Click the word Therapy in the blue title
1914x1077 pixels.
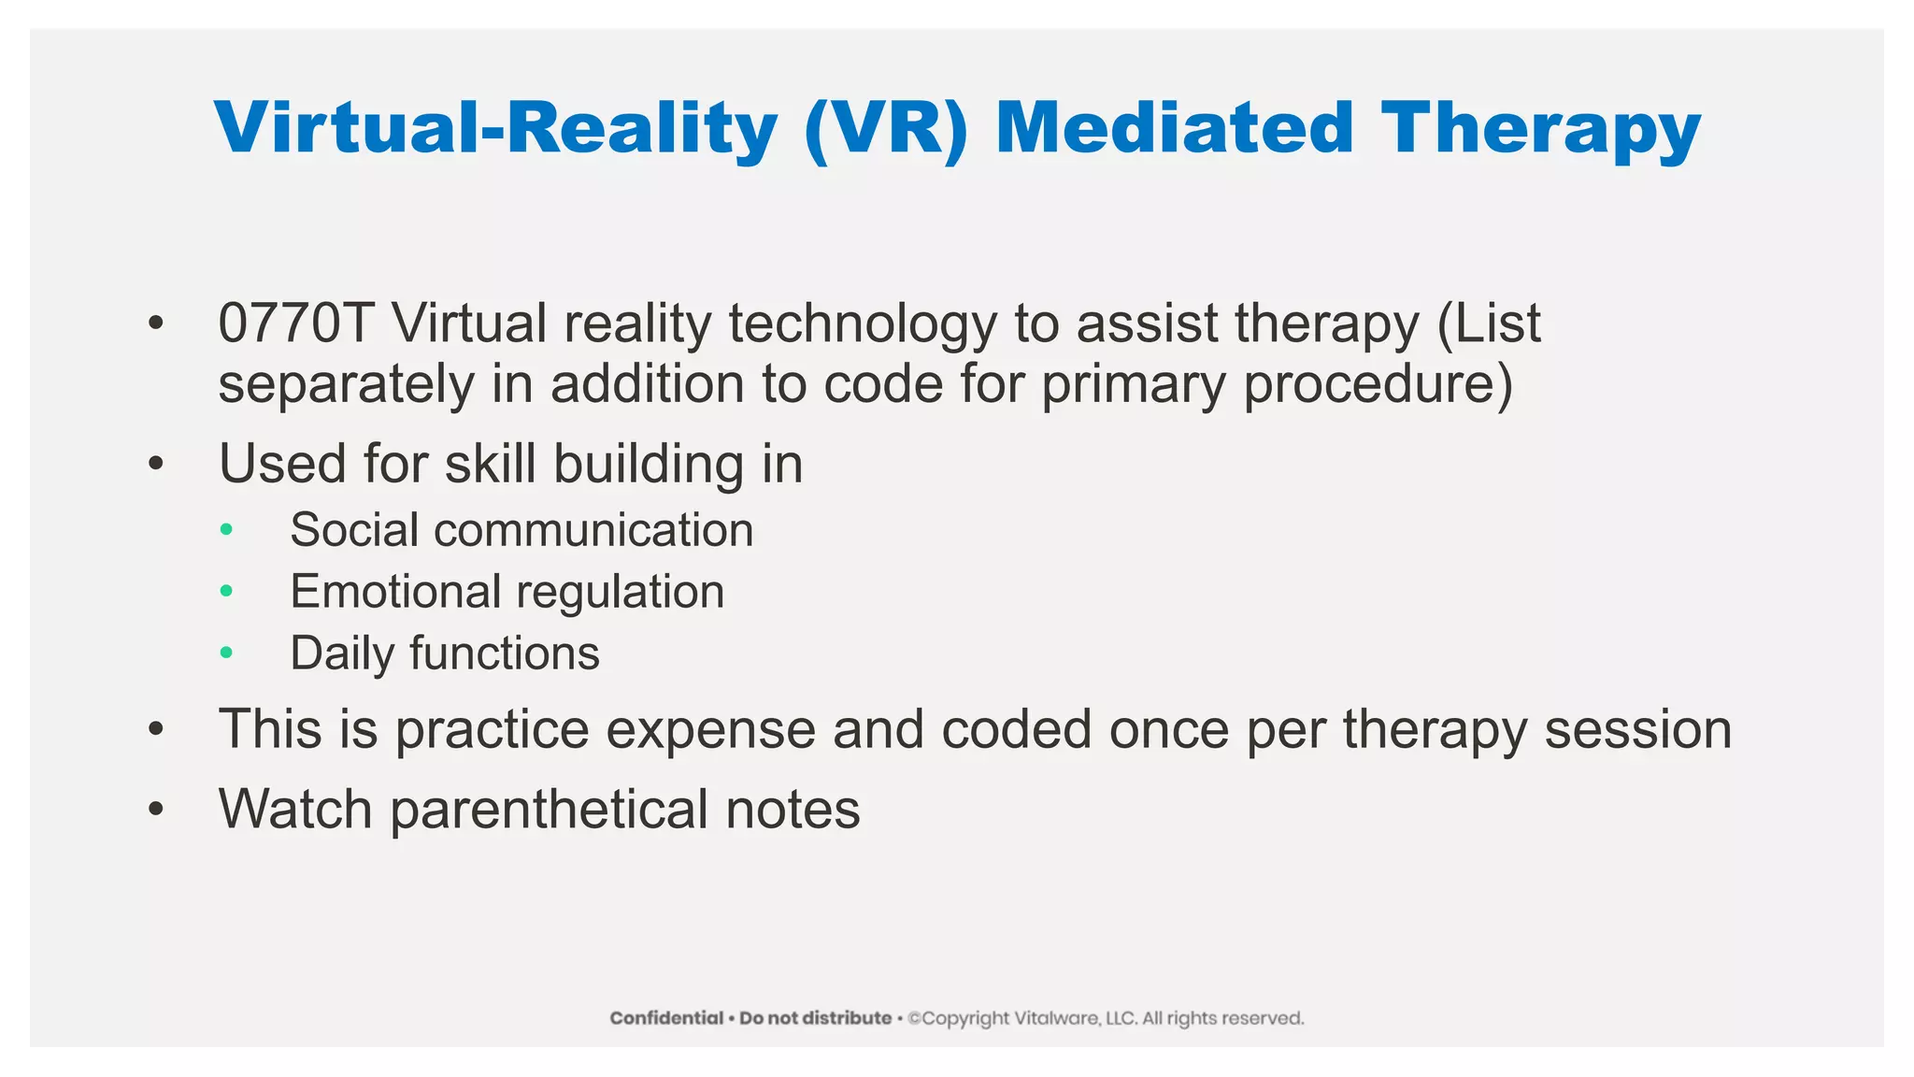pyautogui.click(x=1540, y=129)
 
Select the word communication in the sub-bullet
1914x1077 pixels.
pyautogui.click(x=593, y=530)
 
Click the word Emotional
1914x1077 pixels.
pyautogui.click(x=396, y=592)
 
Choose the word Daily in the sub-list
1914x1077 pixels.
pyautogui.click(x=342, y=653)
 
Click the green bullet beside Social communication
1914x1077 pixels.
pyautogui.click(x=226, y=530)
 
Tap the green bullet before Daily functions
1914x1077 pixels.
pyautogui.click(x=226, y=653)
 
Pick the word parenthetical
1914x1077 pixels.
pyautogui.click(x=549, y=810)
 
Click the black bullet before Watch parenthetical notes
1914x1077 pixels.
pyautogui.click(x=156, y=810)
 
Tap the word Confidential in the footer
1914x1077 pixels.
pyautogui.click(x=666, y=1018)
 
